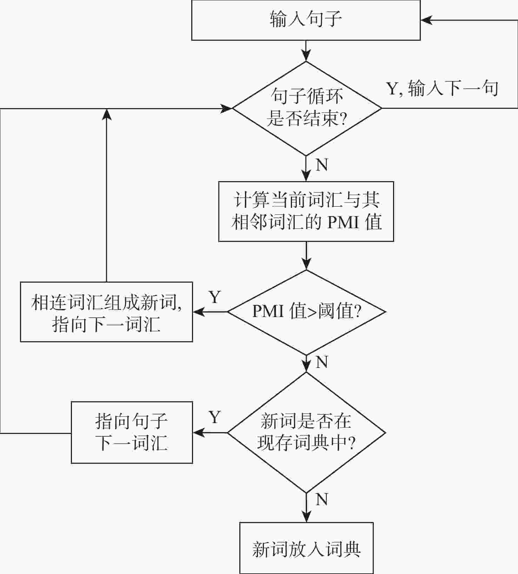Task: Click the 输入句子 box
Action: tap(306, 20)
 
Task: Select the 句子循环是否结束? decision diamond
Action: tap(306, 108)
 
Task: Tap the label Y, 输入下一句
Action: tap(442, 88)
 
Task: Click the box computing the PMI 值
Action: tap(306, 211)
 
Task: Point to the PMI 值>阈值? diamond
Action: tap(306, 312)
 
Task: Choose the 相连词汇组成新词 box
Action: tap(106, 312)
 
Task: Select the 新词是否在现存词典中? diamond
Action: tap(306, 432)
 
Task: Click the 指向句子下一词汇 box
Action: tap(132, 432)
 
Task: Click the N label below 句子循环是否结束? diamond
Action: tap(322, 165)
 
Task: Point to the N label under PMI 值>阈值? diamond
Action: tap(322, 362)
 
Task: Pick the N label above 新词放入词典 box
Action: tap(322, 499)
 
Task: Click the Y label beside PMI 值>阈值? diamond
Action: tap(215, 297)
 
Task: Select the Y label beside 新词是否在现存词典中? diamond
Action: tap(215, 417)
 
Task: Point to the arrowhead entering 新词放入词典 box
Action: tap(306, 517)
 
